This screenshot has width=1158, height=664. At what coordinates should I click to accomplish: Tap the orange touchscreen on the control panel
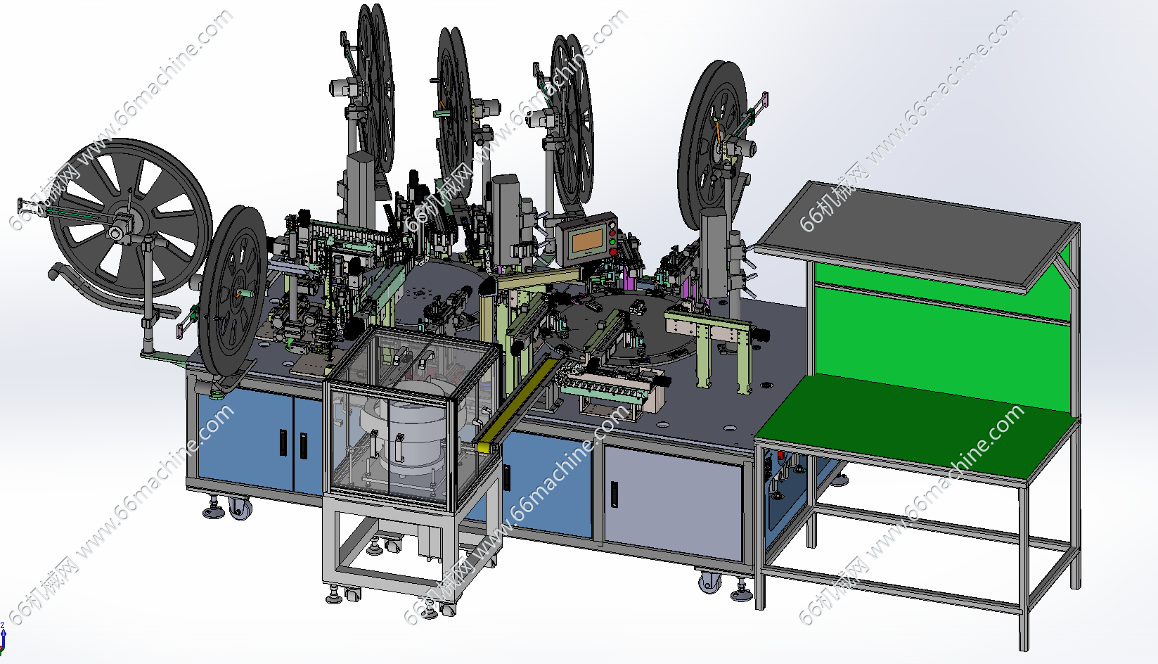(x=587, y=241)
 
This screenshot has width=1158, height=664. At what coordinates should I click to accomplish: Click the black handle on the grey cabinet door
(x=614, y=494)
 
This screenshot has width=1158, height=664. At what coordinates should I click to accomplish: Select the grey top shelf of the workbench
(x=914, y=235)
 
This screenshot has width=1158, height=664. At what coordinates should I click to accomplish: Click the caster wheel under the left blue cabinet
(x=240, y=509)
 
